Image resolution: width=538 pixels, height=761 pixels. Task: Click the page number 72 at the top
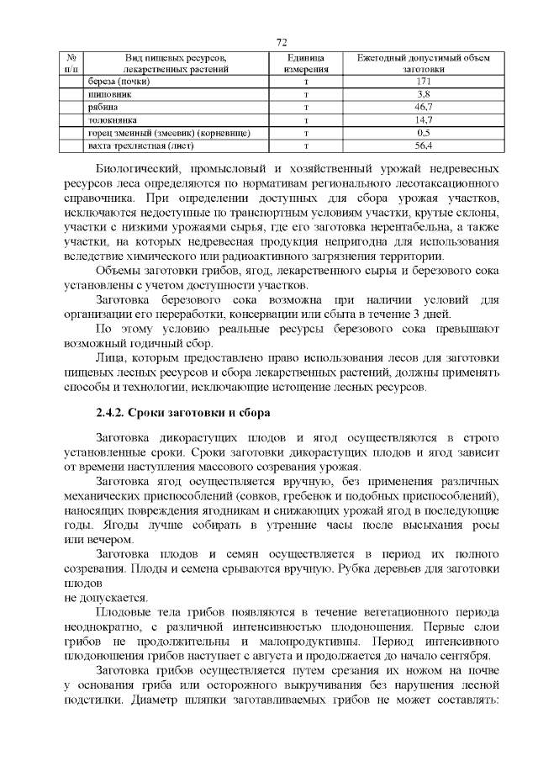click(x=282, y=43)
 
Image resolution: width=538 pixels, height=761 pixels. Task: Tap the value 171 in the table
click(x=424, y=82)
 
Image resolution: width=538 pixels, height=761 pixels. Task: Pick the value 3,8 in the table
click(x=424, y=95)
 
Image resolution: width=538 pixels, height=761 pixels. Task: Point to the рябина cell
click(x=103, y=108)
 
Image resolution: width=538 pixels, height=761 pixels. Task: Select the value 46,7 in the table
click(x=424, y=108)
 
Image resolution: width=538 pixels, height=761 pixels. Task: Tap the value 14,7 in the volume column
click(x=424, y=120)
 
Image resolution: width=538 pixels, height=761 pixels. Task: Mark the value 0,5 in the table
click(x=424, y=133)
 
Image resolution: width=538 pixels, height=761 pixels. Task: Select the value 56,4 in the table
click(x=424, y=145)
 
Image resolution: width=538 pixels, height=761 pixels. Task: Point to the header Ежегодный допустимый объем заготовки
click(x=424, y=63)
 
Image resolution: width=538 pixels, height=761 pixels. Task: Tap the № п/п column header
click(x=71, y=63)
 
